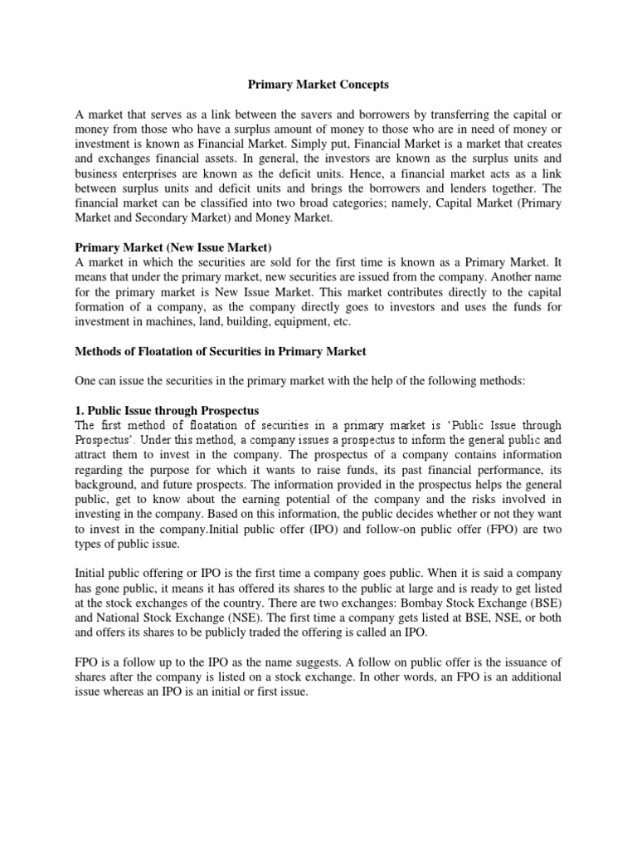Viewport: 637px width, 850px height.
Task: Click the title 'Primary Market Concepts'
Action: pos(318,85)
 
